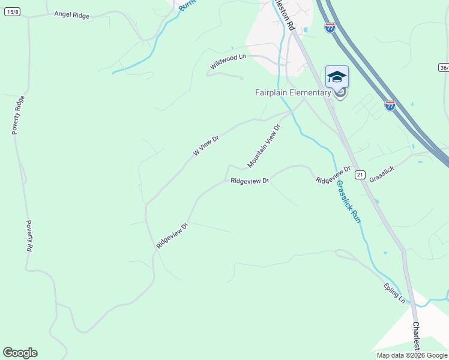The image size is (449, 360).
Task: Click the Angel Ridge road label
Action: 71,15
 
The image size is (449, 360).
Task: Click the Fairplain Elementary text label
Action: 293,92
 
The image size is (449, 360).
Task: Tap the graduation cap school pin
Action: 337,77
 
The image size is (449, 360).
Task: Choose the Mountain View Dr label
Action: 264,146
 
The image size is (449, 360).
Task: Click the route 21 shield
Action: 360,174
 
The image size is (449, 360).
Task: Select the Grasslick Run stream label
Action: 348,202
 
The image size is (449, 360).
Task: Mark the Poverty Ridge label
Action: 19,115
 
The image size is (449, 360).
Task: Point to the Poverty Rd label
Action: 29,235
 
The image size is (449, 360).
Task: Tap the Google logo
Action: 20,353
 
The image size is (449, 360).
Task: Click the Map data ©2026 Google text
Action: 412,355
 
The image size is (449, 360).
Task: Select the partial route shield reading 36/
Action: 444,67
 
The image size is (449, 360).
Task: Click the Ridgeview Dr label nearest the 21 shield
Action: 333,176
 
